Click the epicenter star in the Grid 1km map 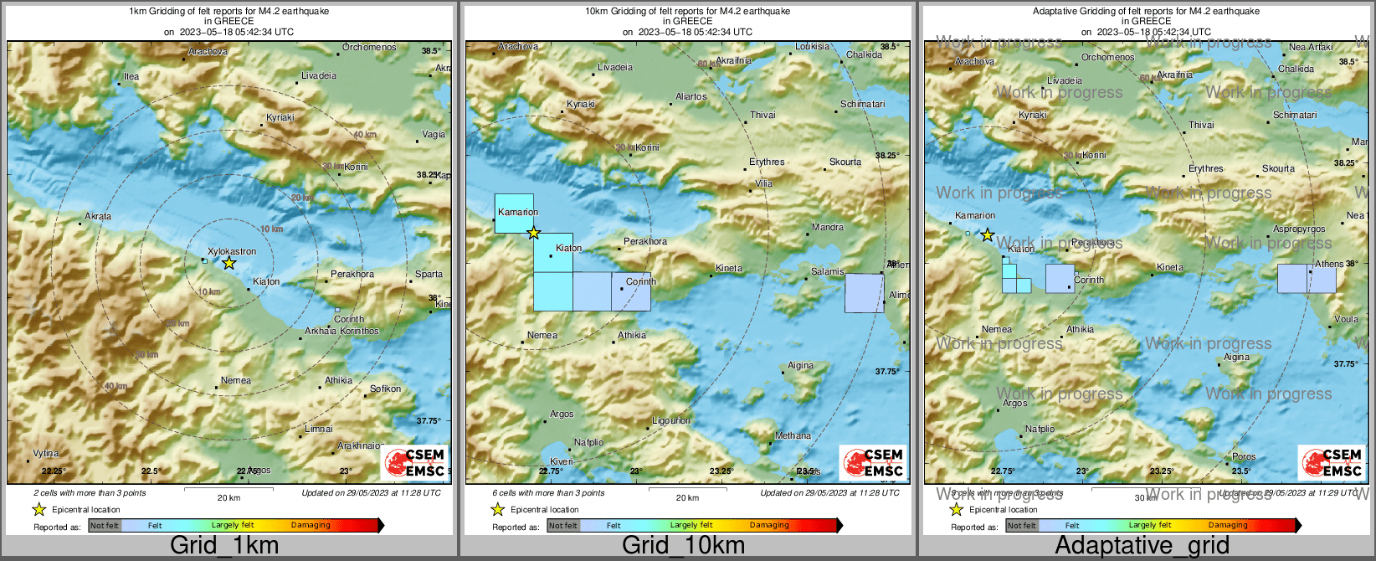tap(229, 263)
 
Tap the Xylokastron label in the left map tap(232, 251)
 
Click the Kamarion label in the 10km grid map tap(517, 212)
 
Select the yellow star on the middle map tap(534, 233)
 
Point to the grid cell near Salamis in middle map tap(864, 293)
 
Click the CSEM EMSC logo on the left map tap(415, 462)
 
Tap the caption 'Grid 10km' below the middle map tap(683, 546)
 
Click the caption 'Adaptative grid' tap(1142, 546)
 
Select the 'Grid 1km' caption tap(224, 546)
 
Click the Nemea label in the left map tap(235, 380)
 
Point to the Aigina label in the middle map tap(800, 365)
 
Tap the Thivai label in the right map tap(1201, 125)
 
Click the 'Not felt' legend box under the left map tap(105, 526)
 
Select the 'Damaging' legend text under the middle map tap(769, 526)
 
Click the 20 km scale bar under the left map tap(228, 487)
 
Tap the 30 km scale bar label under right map tap(1146, 497)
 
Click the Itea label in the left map tap(131, 76)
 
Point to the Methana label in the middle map tap(793, 435)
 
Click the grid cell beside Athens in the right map tap(1307, 279)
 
